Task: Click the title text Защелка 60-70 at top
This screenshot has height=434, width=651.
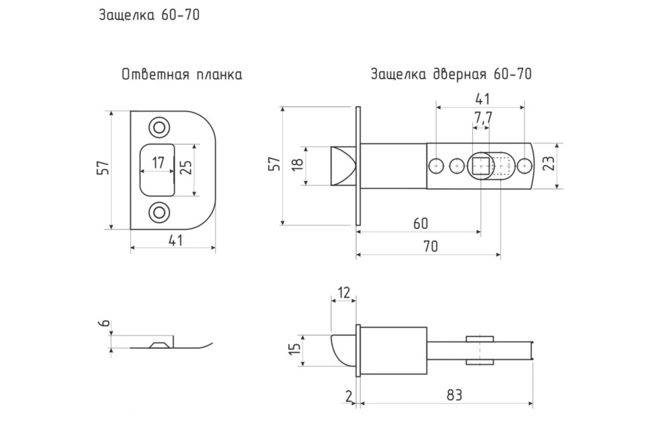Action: pos(149,15)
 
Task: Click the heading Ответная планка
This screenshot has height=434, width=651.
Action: pos(182,75)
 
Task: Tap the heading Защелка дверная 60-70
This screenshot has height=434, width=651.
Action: pos(451,74)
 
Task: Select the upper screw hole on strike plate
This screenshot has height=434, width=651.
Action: pos(159,127)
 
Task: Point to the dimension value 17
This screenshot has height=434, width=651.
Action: pos(158,162)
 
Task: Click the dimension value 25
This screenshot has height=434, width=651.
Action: pos(186,167)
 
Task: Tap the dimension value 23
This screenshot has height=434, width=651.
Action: pos(548,164)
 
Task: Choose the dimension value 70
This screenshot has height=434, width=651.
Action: pos(430,246)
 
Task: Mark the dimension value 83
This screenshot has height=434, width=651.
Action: pos(454,395)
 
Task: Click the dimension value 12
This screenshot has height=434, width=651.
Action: pos(344,293)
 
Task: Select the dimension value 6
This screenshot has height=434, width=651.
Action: pos(105,323)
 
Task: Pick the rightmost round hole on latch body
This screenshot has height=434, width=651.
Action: pos(524,166)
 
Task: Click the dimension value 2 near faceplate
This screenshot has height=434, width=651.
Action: pos(349,397)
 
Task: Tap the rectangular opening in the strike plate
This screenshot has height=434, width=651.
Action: pos(157,170)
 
